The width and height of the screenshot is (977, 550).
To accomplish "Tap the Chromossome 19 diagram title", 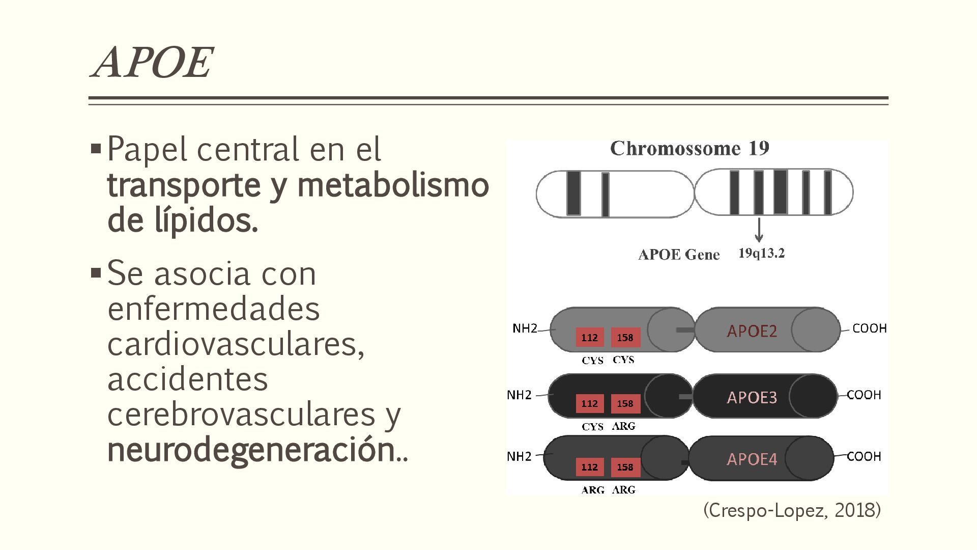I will [x=689, y=149].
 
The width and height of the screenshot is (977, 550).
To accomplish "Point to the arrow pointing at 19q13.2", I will [x=759, y=230].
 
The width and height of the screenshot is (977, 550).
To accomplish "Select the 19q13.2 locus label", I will [x=761, y=253].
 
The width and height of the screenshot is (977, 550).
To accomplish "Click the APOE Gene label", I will [x=679, y=255].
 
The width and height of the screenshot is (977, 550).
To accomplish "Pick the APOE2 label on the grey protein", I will [x=752, y=331].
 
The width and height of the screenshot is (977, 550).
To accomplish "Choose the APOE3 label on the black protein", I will [x=752, y=397].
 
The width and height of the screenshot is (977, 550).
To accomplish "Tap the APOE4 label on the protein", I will [x=752, y=459].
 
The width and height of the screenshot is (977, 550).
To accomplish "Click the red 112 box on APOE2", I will [x=590, y=338].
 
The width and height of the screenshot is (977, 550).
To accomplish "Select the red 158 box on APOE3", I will [x=625, y=404].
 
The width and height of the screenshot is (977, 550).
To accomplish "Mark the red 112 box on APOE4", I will [x=590, y=467].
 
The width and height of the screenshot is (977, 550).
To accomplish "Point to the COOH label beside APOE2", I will [x=869, y=328].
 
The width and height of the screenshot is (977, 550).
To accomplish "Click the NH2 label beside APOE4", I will [x=519, y=456].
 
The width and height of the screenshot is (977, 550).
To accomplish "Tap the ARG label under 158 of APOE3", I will [x=624, y=426].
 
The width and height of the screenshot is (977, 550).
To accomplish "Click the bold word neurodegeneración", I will [x=251, y=450].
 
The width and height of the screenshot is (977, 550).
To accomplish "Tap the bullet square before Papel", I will [x=96, y=149].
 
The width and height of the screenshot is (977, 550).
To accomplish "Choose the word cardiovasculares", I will [x=235, y=344].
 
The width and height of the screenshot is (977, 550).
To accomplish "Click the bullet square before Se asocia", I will [x=96, y=273].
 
